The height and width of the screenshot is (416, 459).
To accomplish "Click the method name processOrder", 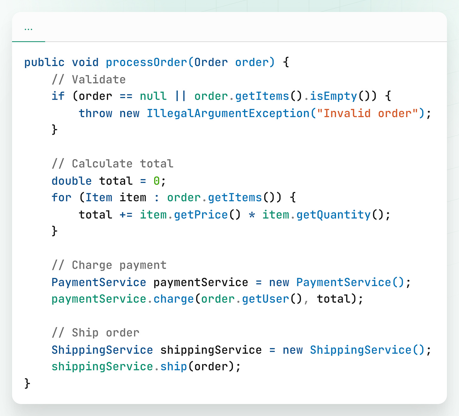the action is point(147,62).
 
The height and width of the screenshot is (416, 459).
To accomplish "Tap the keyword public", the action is point(44,62).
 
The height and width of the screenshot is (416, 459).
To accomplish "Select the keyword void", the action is point(85,62).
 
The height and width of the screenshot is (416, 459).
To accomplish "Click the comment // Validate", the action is point(89,79).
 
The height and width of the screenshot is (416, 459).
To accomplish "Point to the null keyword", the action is point(153,96).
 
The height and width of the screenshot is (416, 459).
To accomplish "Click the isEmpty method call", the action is point(334,96).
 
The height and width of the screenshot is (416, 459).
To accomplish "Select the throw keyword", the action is point(96,113).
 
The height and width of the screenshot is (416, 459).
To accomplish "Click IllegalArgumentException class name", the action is point(228,113).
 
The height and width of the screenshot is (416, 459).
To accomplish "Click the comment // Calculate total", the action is point(113,164).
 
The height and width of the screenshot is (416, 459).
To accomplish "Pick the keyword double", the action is point(72,181).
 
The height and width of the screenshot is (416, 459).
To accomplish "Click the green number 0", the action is point(157,181).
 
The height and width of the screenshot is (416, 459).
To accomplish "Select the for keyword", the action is point(61,198).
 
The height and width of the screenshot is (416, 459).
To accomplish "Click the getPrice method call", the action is point(201,215).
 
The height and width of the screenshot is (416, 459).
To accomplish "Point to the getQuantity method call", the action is point(334,215).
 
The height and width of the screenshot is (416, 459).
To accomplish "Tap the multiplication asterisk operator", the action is point(252,215).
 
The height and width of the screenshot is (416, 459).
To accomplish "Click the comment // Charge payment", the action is point(109,265).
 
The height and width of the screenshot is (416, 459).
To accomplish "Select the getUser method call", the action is point(265,299).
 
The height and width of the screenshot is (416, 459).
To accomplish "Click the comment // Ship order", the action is point(96,333).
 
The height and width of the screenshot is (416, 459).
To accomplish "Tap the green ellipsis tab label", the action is point(28,29).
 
